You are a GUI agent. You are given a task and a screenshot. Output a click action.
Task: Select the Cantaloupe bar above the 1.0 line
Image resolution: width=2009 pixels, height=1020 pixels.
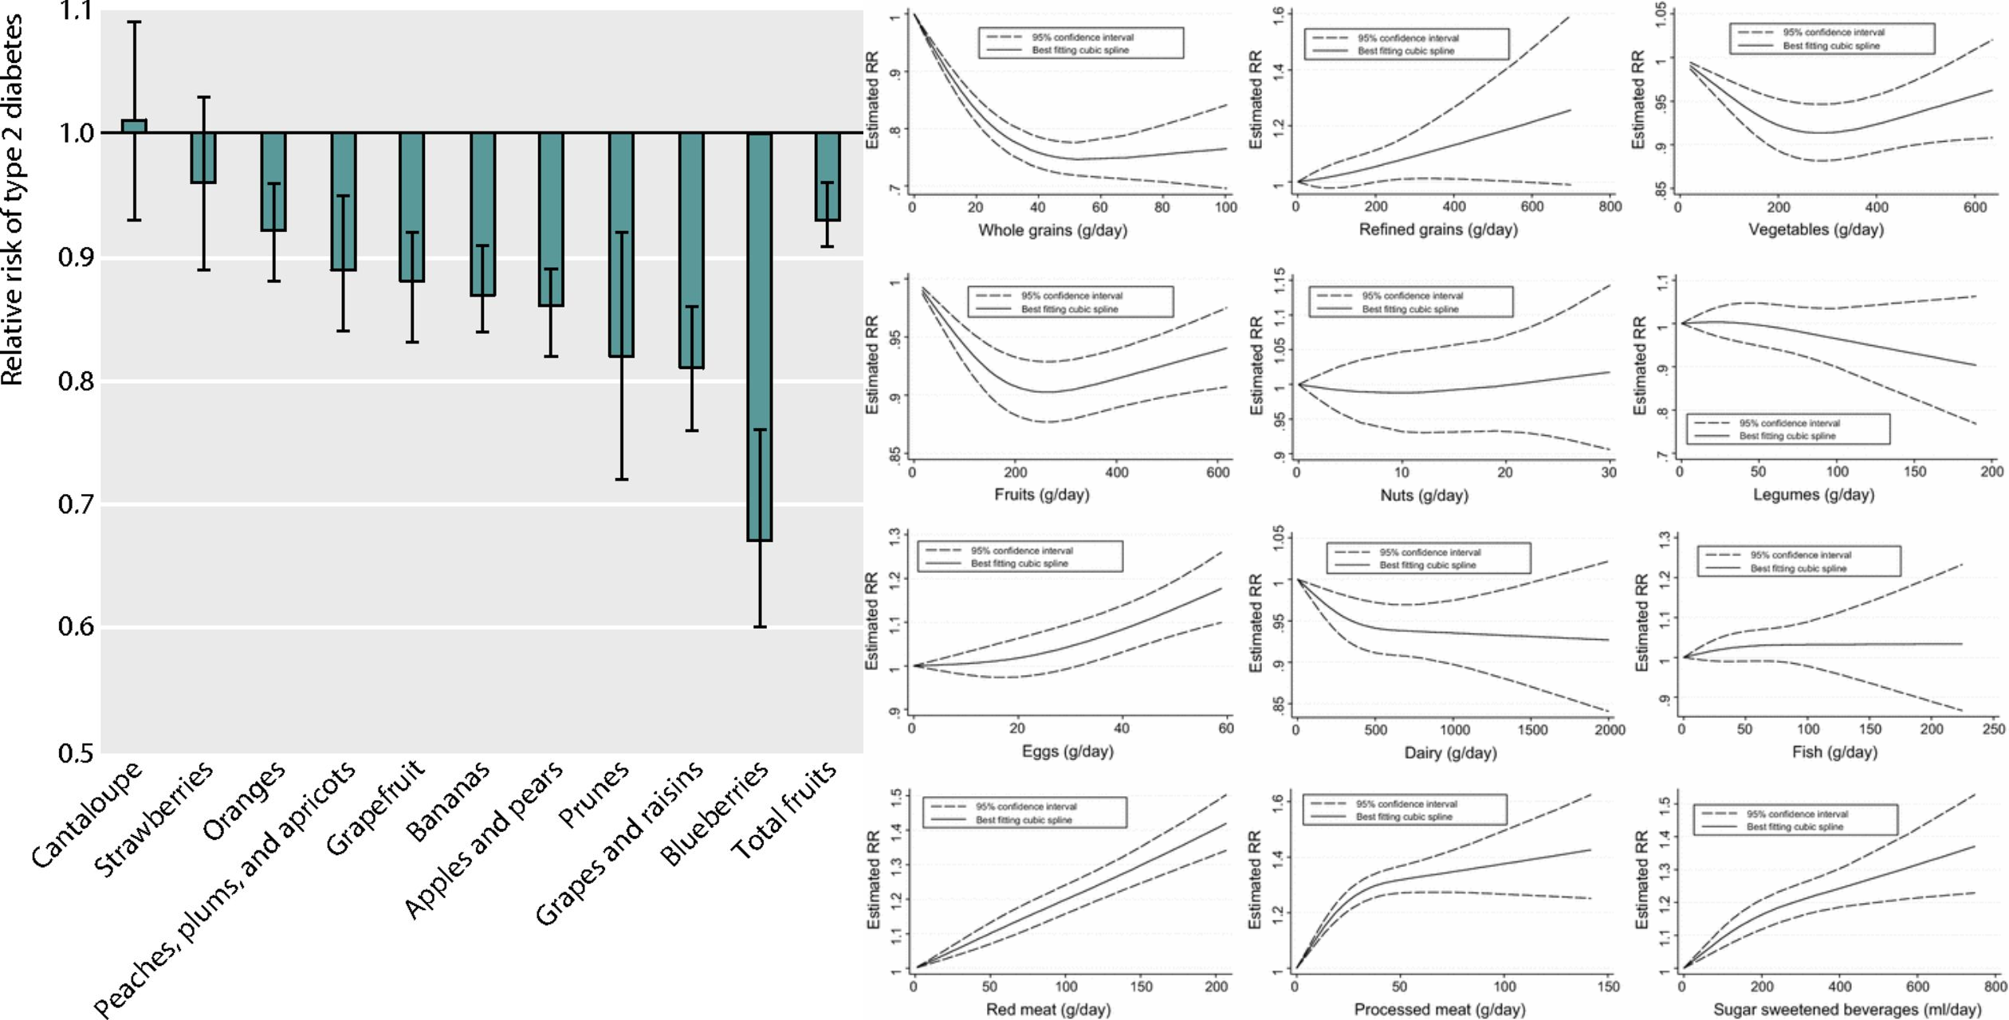[x=134, y=126]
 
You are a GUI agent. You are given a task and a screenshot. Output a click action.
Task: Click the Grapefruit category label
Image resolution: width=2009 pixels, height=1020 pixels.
[x=375, y=808]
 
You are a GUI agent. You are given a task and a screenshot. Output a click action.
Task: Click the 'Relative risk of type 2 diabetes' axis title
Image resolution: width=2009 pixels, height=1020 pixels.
[x=11, y=199]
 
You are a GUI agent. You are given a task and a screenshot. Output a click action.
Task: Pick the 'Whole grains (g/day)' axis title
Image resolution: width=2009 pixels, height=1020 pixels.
[x=1052, y=231]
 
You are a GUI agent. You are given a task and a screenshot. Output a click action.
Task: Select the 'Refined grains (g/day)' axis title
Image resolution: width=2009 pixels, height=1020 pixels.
[x=1438, y=230]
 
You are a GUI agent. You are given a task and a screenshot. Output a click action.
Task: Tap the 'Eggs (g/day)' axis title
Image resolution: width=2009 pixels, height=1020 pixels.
[x=1067, y=751]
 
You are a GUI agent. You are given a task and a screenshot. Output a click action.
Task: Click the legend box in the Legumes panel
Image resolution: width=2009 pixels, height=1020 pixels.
[x=1788, y=430]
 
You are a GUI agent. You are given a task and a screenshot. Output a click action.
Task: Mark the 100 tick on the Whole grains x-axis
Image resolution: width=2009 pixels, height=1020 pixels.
[x=1225, y=208]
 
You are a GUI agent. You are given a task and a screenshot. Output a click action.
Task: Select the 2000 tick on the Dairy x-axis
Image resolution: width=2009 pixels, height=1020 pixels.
[x=1609, y=730]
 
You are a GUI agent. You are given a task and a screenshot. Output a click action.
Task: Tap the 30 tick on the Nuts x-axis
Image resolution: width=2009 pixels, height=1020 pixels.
[x=1609, y=473]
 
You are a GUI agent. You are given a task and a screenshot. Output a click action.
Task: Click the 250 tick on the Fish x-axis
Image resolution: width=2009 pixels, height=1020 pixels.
[x=1993, y=729]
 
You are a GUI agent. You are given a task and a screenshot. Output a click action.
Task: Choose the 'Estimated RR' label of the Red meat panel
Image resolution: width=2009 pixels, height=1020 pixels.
[x=874, y=880]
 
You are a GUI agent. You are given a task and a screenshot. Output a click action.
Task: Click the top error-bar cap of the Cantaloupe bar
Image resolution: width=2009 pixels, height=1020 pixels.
[x=134, y=22]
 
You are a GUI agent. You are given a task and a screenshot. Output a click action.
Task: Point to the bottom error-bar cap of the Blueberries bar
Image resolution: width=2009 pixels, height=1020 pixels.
[x=760, y=627]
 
